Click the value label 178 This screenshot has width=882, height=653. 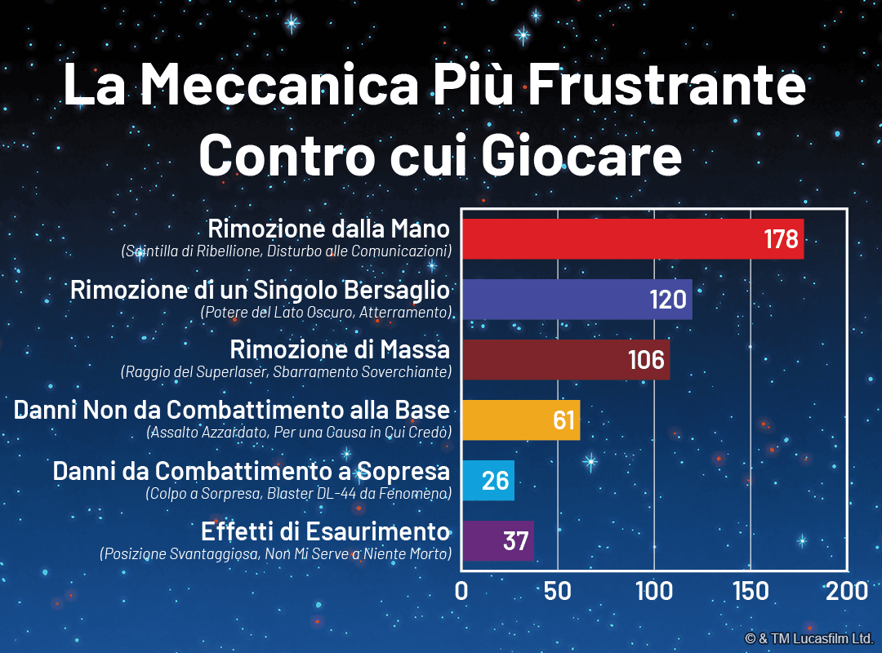click(x=781, y=240)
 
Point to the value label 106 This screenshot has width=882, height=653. click(x=646, y=361)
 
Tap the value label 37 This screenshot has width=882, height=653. click(x=515, y=541)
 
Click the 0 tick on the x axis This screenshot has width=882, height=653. click(x=462, y=591)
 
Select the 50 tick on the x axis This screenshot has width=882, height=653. click(x=557, y=591)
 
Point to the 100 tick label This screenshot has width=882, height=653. click(x=653, y=591)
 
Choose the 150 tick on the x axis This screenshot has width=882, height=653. click(x=750, y=591)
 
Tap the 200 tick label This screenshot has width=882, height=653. click(x=846, y=591)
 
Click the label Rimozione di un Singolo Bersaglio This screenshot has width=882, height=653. click(x=260, y=290)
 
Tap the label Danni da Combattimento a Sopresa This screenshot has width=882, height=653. click(x=252, y=471)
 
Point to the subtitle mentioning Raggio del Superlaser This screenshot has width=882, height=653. click(x=286, y=372)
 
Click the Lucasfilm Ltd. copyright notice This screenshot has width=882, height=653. click(x=808, y=637)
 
